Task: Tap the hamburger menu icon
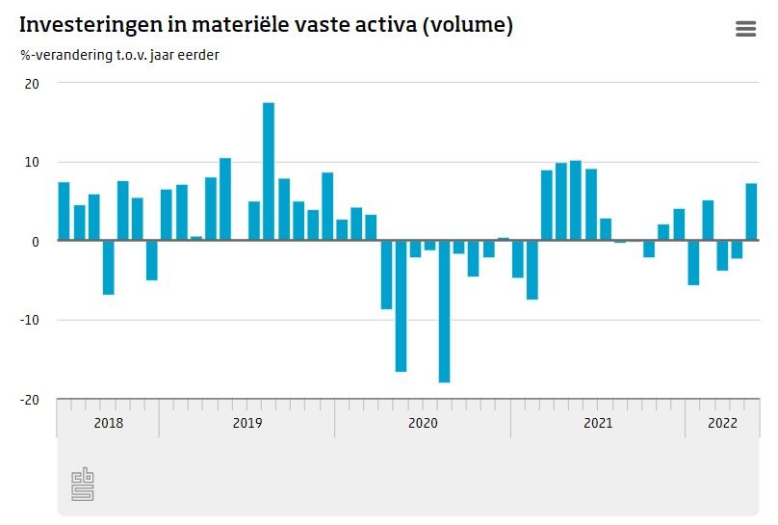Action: (745, 29)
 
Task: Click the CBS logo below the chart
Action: (83, 485)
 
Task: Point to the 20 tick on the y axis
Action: (33, 84)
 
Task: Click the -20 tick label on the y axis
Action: (31, 400)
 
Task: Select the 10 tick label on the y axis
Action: (33, 163)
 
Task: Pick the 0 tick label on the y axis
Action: (36, 242)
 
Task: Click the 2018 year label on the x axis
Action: (108, 423)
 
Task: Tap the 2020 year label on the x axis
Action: (423, 423)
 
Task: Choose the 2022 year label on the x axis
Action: (722, 423)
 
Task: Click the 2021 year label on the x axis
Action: (598, 423)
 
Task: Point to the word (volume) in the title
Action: (465, 26)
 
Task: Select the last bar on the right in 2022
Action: (751, 212)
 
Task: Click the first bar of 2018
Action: (64, 211)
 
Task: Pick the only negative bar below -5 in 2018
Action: (108, 267)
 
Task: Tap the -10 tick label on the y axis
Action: (31, 321)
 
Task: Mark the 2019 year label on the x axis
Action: (247, 423)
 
